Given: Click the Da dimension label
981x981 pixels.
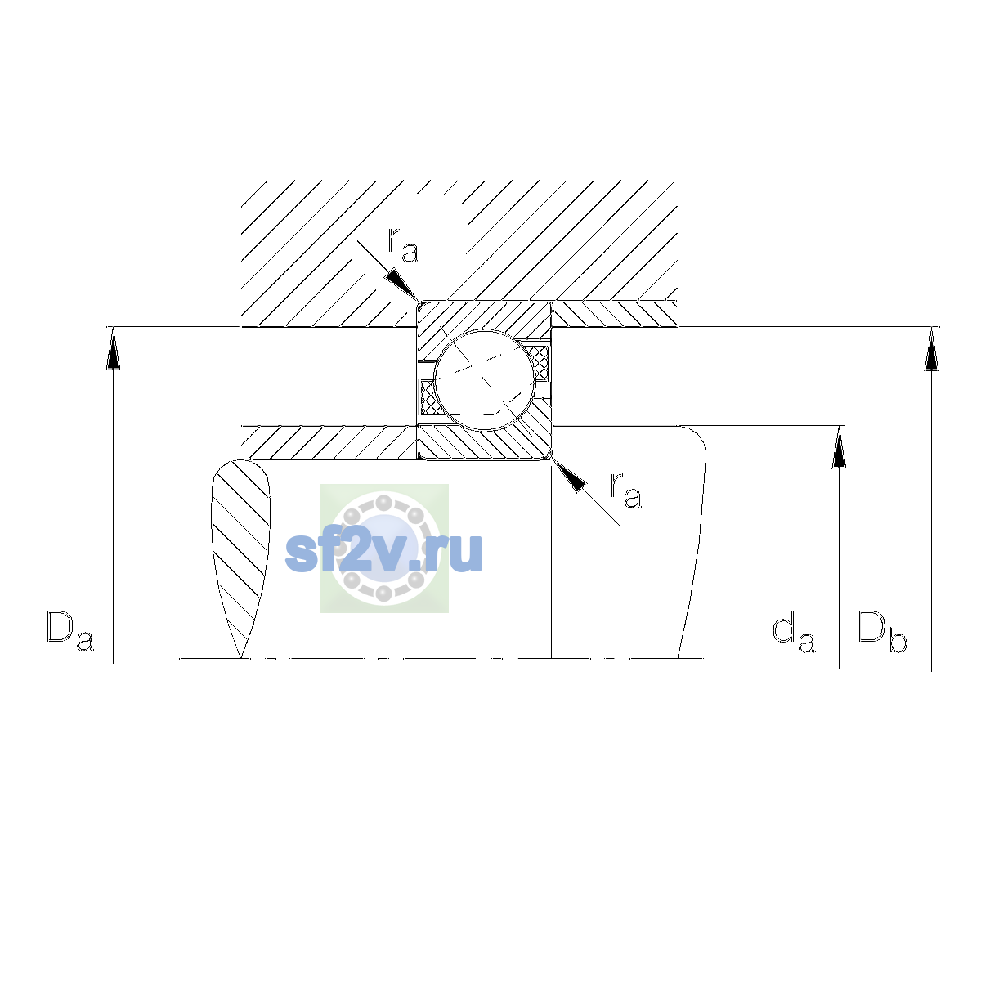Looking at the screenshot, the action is pyautogui.click(x=70, y=631).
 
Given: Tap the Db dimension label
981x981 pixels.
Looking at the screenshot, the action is pyautogui.click(x=882, y=631).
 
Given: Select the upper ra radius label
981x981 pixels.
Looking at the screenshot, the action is pyautogui.click(x=403, y=246).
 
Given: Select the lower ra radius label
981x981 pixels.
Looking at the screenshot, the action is pyautogui.click(x=626, y=490).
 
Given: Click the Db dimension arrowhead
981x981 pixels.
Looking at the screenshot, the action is pyautogui.click(x=931, y=349).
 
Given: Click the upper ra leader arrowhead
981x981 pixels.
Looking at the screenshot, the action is pyautogui.click(x=402, y=284).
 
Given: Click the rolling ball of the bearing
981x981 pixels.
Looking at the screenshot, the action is pyautogui.click(x=485, y=380).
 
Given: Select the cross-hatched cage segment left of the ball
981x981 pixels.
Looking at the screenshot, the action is pyautogui.click(x=428, y=397).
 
